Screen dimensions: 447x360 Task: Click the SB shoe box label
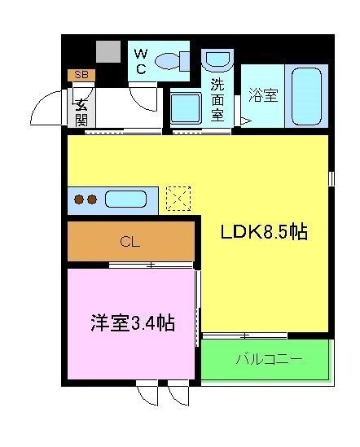[x=80, y=75]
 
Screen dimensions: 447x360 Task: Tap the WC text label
[x=140, y=61]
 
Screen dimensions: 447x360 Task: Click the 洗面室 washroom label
[x=217, y=99]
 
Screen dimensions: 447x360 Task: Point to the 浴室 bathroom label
[x=262, y=95]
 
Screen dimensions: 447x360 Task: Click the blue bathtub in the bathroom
[x=305, y=95]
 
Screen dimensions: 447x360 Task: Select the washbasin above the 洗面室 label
[x=217, y=60]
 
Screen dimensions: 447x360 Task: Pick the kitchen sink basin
[x=125, y=199]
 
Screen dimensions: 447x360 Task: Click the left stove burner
[x=79, y=199]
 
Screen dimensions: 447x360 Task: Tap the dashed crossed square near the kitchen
[x=178, y=198]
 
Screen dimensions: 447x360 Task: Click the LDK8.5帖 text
[x=264, y=232]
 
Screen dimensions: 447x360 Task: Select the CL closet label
[x=129, y=241]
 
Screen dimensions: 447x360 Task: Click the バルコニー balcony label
[x=269, y=358]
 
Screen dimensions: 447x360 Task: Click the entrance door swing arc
[x=47, y=107]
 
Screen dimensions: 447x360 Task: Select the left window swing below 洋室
[x=147, y=394]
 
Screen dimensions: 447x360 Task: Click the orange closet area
[x=163, y=241]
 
